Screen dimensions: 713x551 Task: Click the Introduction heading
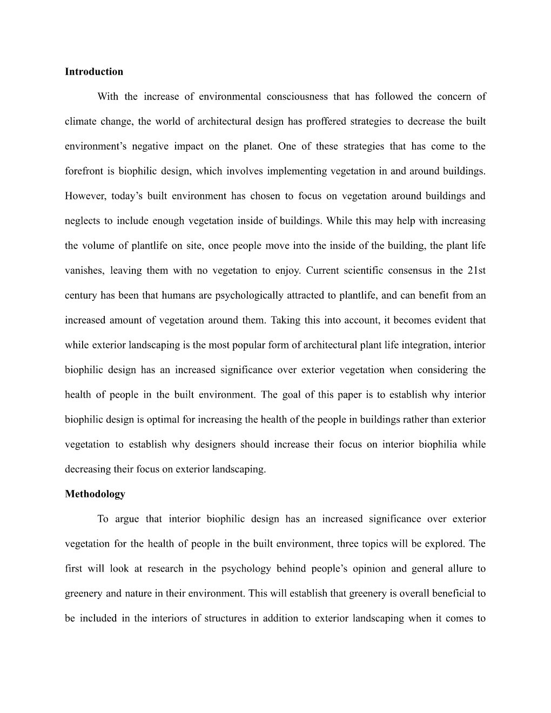93,72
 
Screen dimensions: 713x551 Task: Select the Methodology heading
95,494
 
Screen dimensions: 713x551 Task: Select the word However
85,196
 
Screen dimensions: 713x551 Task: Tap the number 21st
475,271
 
